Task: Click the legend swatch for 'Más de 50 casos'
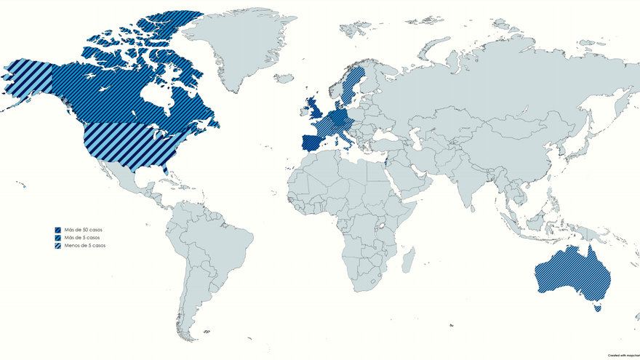coord(57,230)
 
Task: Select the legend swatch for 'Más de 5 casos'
coord(57,238)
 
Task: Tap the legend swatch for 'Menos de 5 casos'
coord(57,246)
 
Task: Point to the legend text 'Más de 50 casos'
coord(82,230)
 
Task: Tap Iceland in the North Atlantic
coord(284,78)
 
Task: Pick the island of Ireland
coord(304,113)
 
